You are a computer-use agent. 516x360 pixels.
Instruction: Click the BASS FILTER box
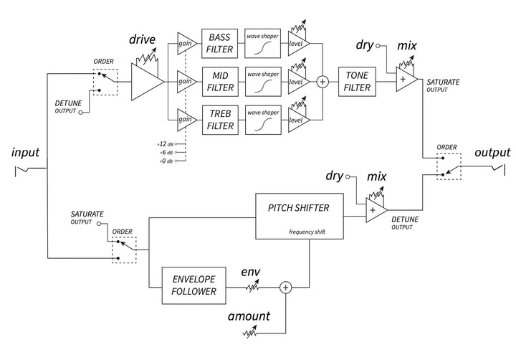[219, 44]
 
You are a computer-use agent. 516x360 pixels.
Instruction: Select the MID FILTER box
[220, 82]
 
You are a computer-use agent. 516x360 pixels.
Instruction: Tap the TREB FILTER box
[220, 120]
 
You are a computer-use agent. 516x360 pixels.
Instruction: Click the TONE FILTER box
[357, 82]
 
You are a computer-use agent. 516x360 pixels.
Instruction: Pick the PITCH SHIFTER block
[300, 216]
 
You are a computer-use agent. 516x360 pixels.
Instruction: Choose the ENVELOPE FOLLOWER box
[193, 285]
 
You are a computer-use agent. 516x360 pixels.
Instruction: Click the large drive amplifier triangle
[148, 82]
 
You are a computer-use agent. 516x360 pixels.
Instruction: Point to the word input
[25, 153]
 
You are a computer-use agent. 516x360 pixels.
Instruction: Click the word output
[492, 153]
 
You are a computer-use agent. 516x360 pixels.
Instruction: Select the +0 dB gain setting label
[166, 161]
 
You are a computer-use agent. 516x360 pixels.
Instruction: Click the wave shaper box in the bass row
[262, 44]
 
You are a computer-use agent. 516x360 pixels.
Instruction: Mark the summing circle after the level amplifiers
[322, 82]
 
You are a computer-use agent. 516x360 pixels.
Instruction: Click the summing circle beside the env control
[286, 287]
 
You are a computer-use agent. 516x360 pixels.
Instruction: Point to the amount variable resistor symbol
[250, 332]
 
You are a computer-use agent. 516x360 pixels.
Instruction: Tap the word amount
[249, 316]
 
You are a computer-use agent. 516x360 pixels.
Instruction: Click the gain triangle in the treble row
[186, 120]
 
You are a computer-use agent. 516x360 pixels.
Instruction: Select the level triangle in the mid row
[297, 82]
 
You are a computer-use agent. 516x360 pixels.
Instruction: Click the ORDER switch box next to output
[449, 166]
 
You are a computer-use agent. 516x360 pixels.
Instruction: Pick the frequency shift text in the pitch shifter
[307, 232]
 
